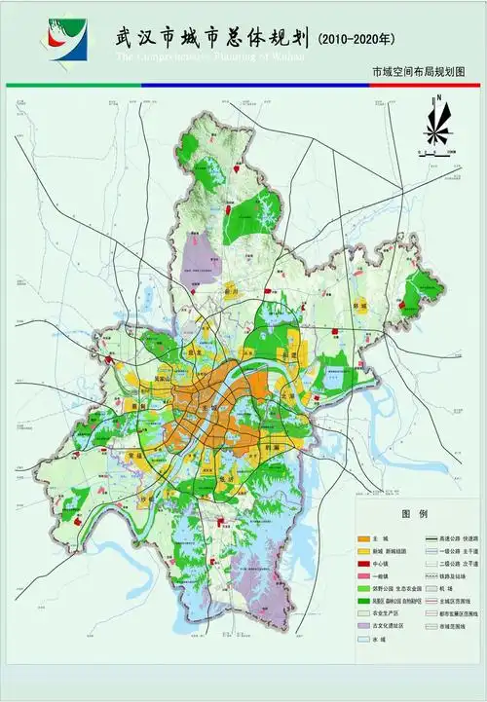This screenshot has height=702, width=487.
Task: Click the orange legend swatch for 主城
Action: pos(365,538)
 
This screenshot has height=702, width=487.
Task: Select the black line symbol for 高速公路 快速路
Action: pos(433,538)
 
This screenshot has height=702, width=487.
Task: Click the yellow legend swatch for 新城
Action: pos(365,551)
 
